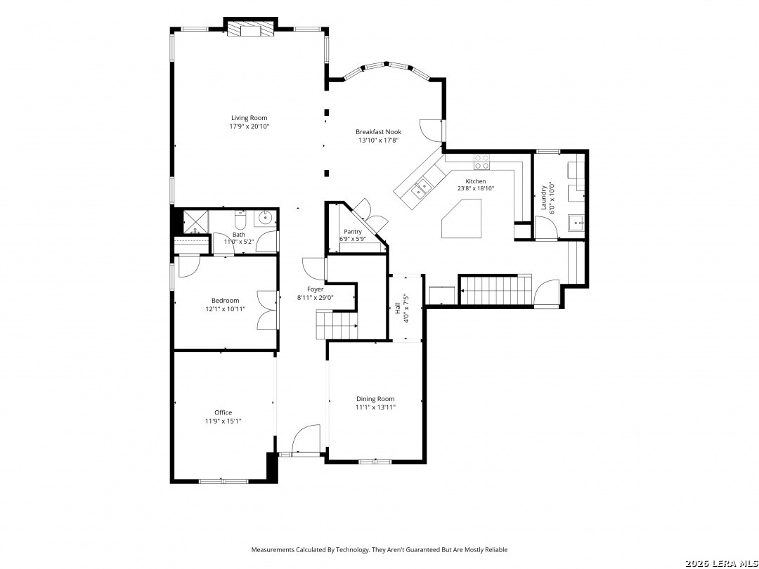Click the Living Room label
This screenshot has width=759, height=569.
(249, 117)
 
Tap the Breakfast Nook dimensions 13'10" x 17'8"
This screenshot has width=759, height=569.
(378, 140)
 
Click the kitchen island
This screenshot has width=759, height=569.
(461, 218)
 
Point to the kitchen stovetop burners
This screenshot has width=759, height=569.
(481, 162)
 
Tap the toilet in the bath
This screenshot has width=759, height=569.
(240, 220)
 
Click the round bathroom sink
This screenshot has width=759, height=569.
(265, 218)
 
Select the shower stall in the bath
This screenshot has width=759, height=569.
(195, 222)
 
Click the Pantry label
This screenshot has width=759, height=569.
(353, 232)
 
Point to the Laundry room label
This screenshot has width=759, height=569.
(543, 197)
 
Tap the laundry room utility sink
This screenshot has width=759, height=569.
(576, 223)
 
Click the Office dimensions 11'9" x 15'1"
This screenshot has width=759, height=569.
(223, 421)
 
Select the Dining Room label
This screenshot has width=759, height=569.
(375, 399)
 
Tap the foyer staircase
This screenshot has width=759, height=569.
(337, 326)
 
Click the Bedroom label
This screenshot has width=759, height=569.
(225, 300)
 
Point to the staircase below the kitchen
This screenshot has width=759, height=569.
(495, 290)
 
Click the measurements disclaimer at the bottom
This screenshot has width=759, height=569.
(379, 549)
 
